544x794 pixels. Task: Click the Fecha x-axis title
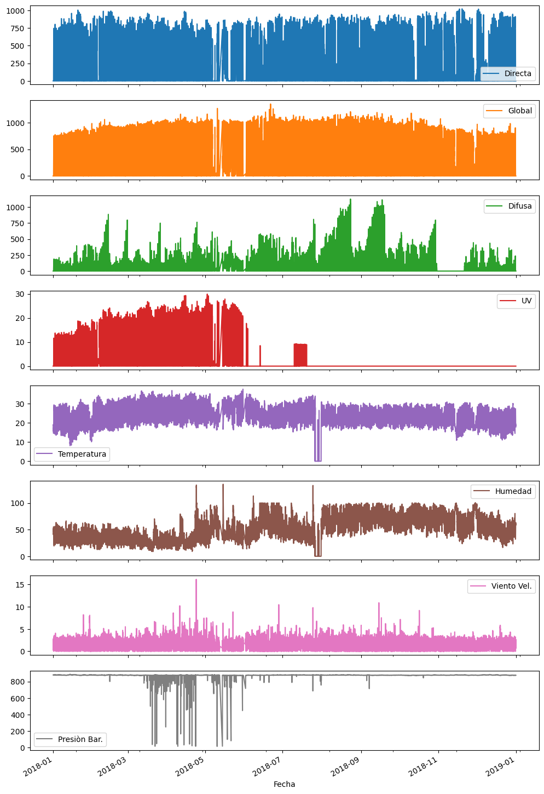284,784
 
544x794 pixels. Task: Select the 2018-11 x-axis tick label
424,767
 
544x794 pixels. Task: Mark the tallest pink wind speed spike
196,580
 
